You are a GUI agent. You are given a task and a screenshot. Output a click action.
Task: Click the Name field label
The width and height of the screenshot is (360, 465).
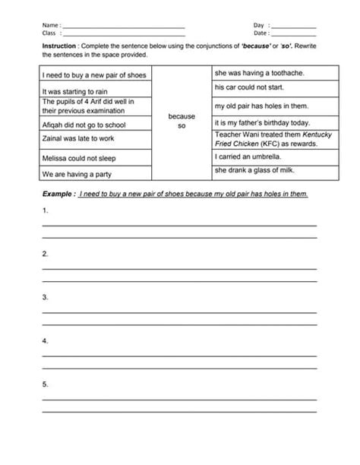pyautogui.click(x=51, y=25)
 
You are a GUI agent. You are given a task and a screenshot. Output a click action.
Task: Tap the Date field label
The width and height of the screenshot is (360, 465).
pyautogui.click(x=261, y=33)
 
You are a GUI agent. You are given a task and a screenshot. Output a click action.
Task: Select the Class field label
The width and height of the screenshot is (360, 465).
pyautogui.click(x=50, y=33)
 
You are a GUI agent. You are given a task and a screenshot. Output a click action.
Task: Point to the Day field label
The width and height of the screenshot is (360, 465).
pyautogui.click(x=259, y=25)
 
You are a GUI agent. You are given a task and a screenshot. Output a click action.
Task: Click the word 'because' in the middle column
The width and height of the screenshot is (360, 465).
pyautogui.click(x=182, y=116)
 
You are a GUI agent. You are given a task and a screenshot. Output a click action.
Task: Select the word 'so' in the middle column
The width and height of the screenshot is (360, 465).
pyautogui.click(x=182, y=125)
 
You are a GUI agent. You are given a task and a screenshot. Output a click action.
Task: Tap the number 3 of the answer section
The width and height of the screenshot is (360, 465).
pyautogui.click(x=46, y=297)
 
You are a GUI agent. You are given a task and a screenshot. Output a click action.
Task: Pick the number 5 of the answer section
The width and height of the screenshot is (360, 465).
pyautogui.click(x=46, y=384)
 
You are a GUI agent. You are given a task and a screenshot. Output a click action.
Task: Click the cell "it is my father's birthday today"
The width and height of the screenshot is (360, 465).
pyautogui.click(x=262, y=122)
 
